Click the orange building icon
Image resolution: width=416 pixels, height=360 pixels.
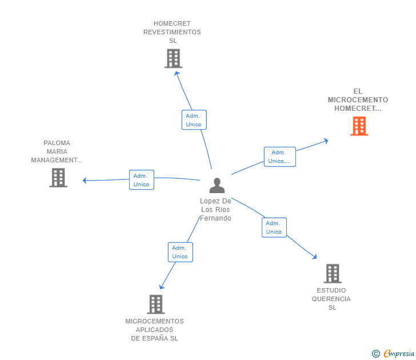(359, 126)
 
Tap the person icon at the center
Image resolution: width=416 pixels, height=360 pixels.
(217, 186)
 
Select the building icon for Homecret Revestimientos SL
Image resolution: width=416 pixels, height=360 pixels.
(173, 58)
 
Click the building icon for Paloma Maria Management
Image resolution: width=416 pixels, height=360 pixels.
(58, 178)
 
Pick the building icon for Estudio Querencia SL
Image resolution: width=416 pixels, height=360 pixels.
(332, 273)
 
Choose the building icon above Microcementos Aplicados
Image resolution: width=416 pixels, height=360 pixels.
(155, 304)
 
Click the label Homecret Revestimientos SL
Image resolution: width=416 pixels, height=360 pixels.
(172, 32)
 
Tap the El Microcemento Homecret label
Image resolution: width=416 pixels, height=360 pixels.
(358, 99)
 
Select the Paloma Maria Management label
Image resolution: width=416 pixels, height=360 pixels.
(57, 151)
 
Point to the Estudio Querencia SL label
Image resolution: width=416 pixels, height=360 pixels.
(331, 299)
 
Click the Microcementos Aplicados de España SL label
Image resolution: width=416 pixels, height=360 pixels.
(154, 330)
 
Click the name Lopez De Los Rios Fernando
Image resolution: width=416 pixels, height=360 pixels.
(215, 210)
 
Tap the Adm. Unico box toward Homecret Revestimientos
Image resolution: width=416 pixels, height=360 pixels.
(194, 120)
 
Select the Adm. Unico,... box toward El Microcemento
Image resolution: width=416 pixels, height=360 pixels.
(279, 157)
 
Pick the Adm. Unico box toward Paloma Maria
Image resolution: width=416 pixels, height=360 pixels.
(141, 180)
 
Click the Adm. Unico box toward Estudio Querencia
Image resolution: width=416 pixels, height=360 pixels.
(274, 227)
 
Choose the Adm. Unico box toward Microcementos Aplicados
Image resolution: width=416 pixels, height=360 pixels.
(180, 252)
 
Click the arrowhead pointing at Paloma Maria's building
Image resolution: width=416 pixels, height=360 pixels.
(85, 181)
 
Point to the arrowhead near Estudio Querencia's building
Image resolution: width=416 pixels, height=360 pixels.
(314, 257)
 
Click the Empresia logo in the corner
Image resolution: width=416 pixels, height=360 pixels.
(394, 354)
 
